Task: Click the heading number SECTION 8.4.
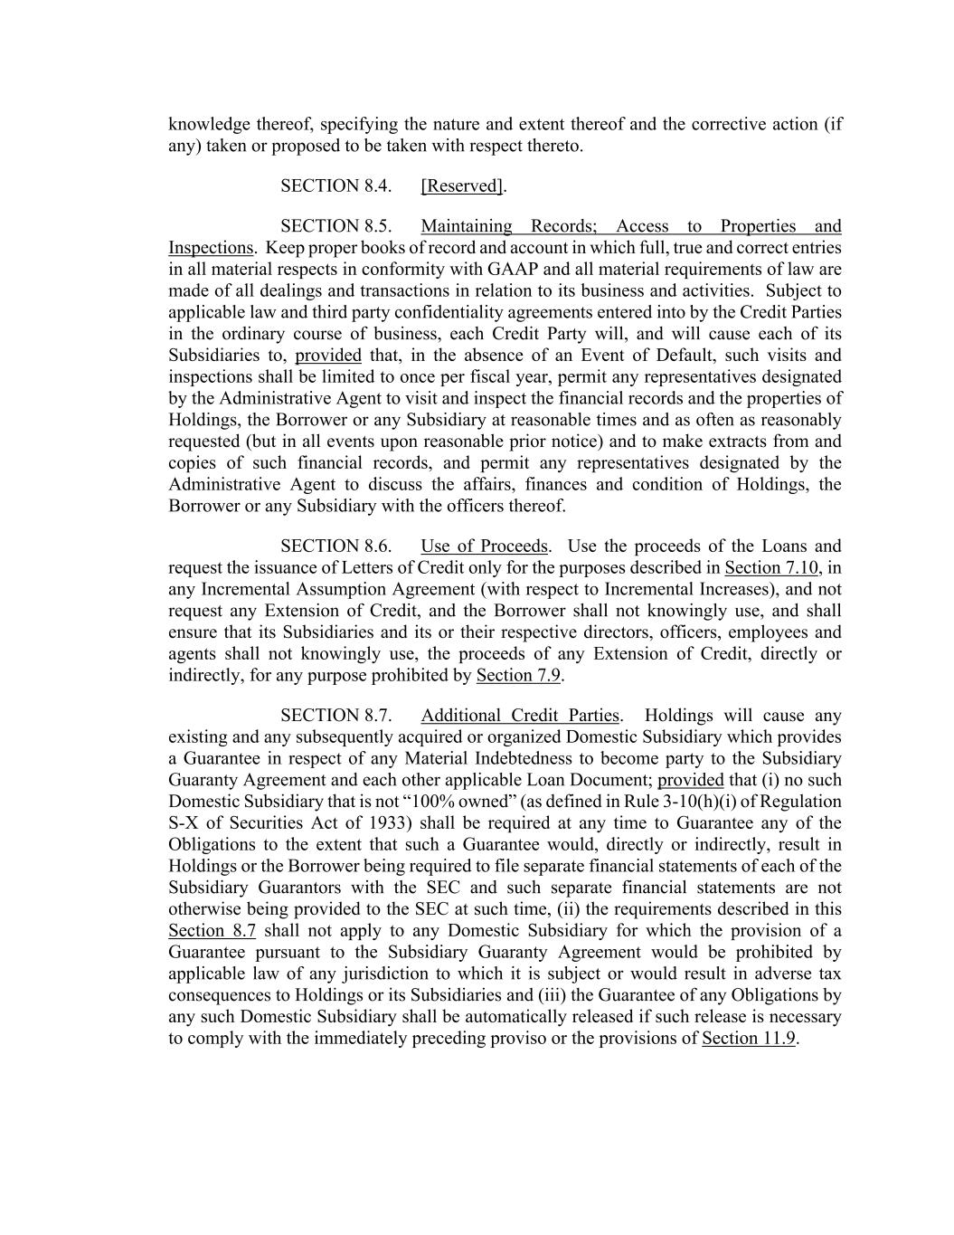[x=335, y=186]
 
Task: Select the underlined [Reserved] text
[x=462, y=186]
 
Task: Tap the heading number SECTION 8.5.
[x=335, y=226]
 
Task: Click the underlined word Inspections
[x=211, y=248]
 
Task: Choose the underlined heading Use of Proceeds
[x=484, y=546]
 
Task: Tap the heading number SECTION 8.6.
[x=335, y=546]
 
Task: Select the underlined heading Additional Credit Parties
[x=520, y=716]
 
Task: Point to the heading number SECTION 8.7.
[x=335, y=716]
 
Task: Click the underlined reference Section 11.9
[x=748, y=1039]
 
